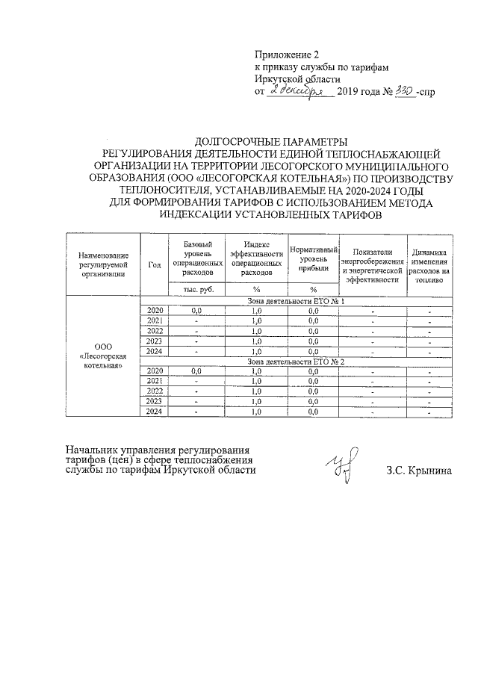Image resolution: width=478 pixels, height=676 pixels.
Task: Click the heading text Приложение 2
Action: click(287, 55)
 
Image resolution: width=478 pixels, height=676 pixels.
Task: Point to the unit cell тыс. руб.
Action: click(197, 289)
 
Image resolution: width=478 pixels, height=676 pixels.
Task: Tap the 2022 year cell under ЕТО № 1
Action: click(155, 331)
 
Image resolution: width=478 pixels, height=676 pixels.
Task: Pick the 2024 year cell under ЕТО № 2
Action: click(155, 412)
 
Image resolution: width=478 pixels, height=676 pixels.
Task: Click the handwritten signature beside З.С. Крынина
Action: click(344, 463)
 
